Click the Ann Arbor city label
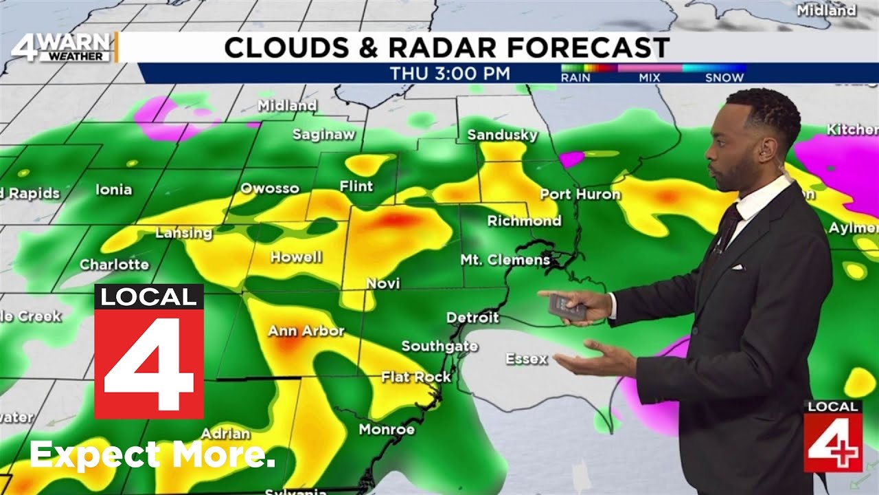[306, 331]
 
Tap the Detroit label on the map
[472, 318]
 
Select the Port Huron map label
[580, 195]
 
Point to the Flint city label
[356, 186]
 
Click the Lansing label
[183, 233]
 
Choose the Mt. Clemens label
[505, 260]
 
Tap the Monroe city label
[387, 430]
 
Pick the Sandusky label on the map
[502, 135]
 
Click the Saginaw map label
[323, 135]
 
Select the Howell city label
[296, 258]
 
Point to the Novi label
[383, 283]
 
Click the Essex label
[527, 359]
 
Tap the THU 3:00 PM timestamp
[450, 74]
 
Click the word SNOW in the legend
[724, 78]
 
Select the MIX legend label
[649, 78]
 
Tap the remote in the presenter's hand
[565, 305]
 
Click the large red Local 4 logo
[149, 351]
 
